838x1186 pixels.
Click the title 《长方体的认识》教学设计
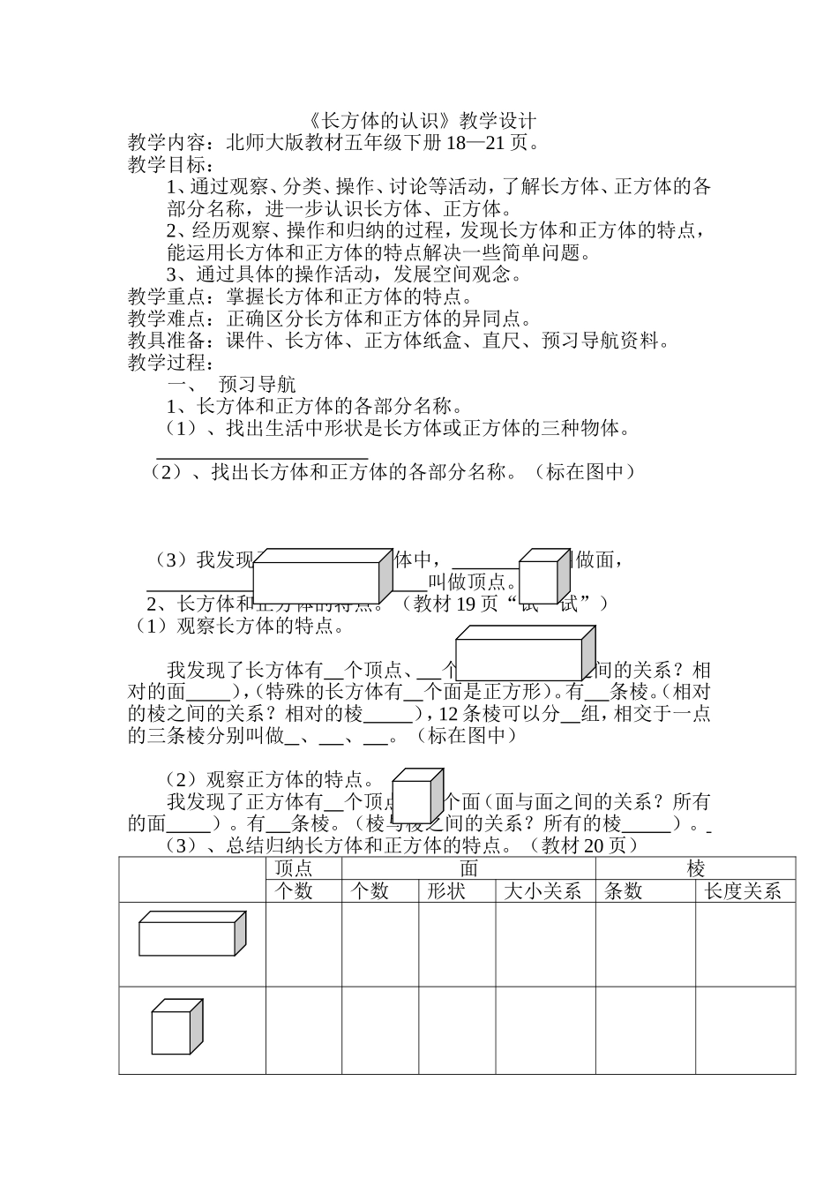point(419,121)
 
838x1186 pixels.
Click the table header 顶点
point(294,868)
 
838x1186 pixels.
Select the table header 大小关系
point(543,891)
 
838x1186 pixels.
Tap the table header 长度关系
point(744,891)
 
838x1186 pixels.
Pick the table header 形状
point(456,891)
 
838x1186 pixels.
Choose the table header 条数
point(623,891)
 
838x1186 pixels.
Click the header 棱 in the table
point(696,868)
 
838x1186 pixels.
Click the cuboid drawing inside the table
point(191,934)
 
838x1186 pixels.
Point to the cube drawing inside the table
point(176,1027)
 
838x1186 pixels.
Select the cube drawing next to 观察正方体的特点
point(416,796)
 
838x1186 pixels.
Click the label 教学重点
point(166,297)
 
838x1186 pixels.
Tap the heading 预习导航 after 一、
point(258,385)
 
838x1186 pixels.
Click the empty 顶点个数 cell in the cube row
point(303,1030)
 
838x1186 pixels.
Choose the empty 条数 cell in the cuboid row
point(645,944)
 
